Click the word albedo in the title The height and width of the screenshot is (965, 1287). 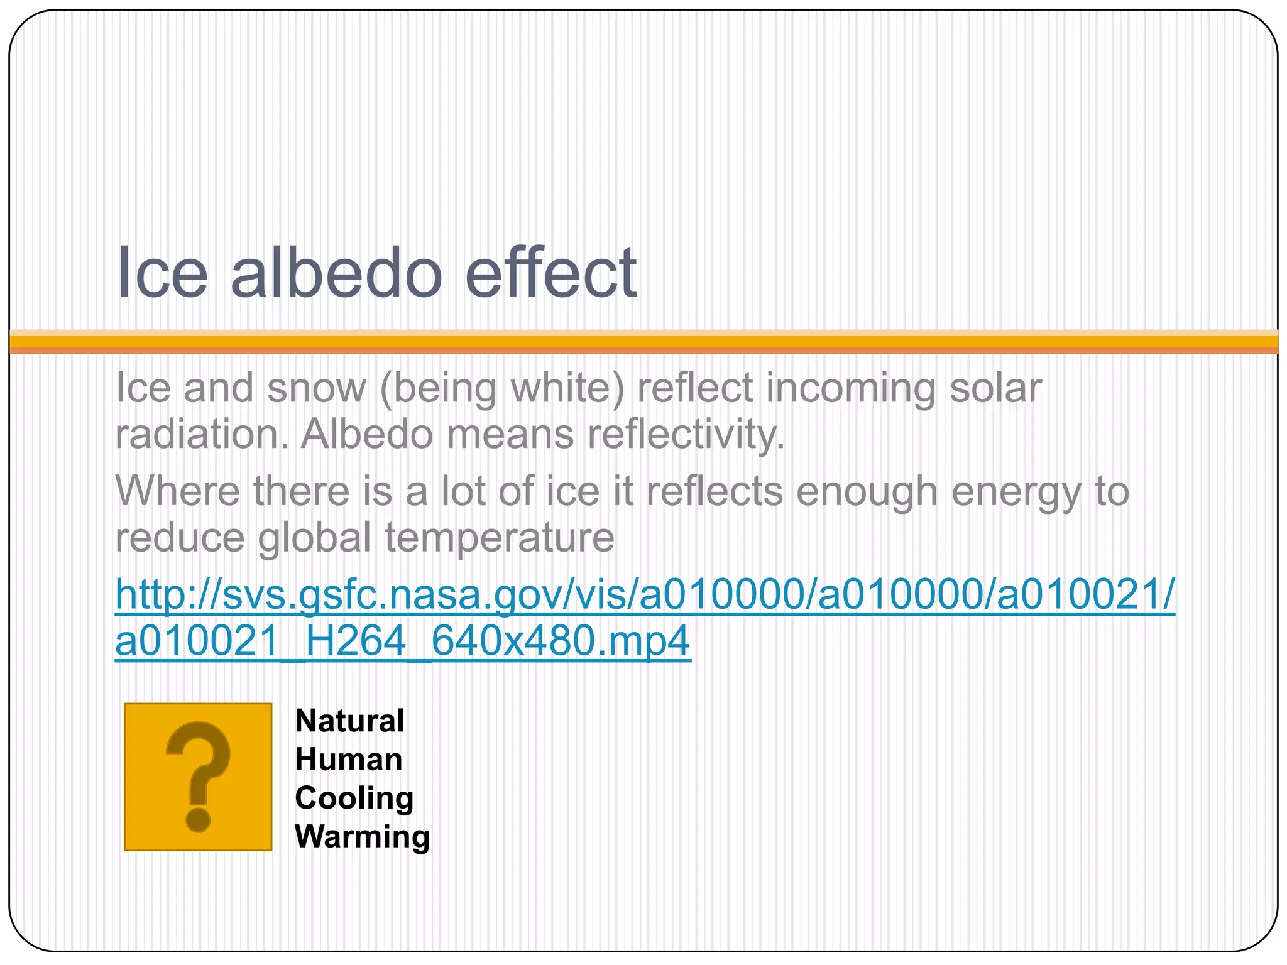click(x=337, y=273)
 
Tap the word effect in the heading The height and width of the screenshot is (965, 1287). click(x=550, y=273)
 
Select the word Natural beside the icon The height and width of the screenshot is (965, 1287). click(x=349, y=721)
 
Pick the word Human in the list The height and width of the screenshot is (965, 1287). click(x=349, y=760)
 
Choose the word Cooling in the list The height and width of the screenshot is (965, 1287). click(x=354, y=799)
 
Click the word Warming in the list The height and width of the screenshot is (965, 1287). click(x=363, y=837)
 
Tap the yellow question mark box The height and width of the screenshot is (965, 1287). click(x=198, y=777)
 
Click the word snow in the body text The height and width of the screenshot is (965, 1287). click(x=316, y=388)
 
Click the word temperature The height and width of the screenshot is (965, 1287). click(x=500, y=538)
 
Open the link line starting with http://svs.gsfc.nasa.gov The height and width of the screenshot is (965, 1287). click(x=645, y=594)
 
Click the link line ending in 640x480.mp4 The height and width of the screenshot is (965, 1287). click(x=403, y=641)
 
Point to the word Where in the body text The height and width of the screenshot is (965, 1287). click(x=178, y=491)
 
